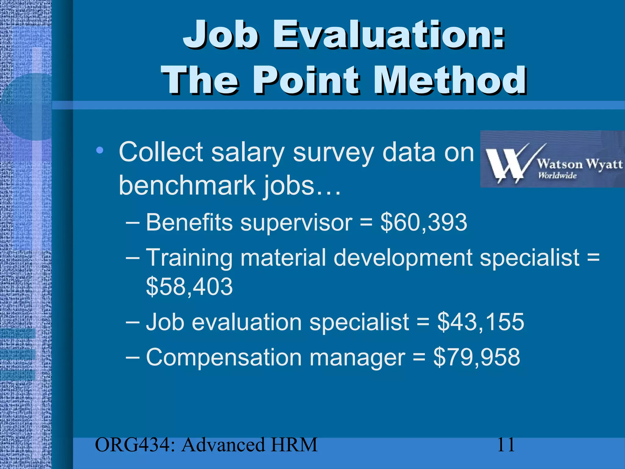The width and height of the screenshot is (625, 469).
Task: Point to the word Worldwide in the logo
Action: pos(557,176)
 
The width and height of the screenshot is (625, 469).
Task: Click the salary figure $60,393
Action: pos(424,222)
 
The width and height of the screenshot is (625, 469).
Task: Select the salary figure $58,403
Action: pos(189,286)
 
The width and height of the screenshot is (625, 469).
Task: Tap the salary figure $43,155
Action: pos(480,322)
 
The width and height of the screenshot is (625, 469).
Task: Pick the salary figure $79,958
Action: pos(477,357)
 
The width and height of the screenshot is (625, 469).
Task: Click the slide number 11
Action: pos(506,445)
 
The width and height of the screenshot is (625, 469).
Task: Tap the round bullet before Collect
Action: pos(99,150)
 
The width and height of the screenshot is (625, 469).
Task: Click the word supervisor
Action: pos(296,222)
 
